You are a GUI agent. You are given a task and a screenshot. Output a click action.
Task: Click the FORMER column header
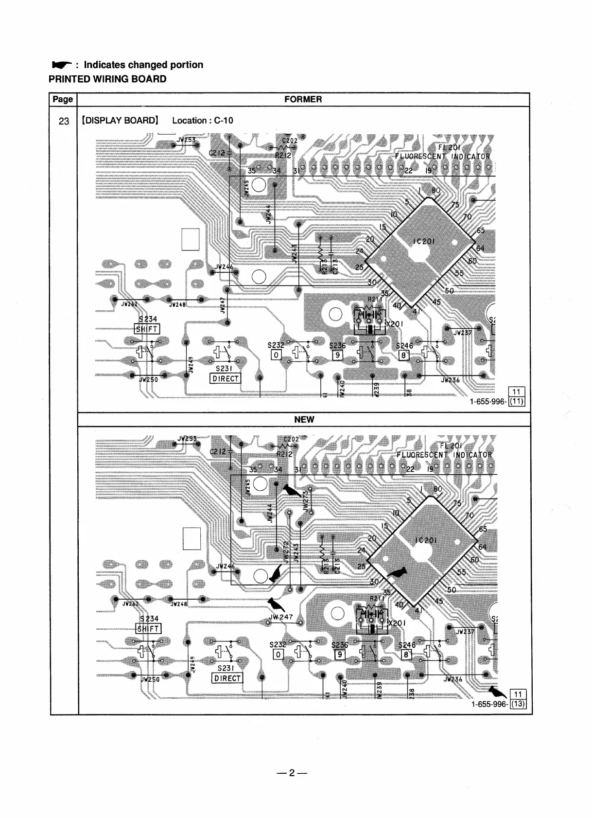click(x=303, y=99)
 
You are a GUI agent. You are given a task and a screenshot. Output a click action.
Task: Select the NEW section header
click(x=304, y=419)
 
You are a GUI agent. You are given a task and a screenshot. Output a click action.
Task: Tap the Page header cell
click(x=63, y=99)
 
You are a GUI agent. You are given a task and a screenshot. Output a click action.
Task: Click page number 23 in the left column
click(x=64, y=121)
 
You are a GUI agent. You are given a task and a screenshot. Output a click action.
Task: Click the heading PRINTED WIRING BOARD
click(x=107, y=79)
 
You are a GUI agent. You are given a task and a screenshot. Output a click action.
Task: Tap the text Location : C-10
click(x=202, y=121)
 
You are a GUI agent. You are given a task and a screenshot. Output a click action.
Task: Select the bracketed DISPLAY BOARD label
click(x=120, y=121)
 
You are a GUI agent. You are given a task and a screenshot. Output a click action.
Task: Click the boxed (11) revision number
click(x=517, y=402)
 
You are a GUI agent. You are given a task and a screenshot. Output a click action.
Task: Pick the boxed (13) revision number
click(x=518, y=704)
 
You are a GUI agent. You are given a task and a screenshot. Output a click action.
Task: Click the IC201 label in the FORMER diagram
click(x=424, y=241)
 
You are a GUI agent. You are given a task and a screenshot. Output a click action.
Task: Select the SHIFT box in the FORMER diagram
click(x=146, y=329)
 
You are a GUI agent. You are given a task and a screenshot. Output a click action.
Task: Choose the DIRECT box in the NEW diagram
click(x=227, y=678)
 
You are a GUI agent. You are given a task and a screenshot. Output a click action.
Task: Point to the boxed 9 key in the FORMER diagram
click(x=336, y=355)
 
